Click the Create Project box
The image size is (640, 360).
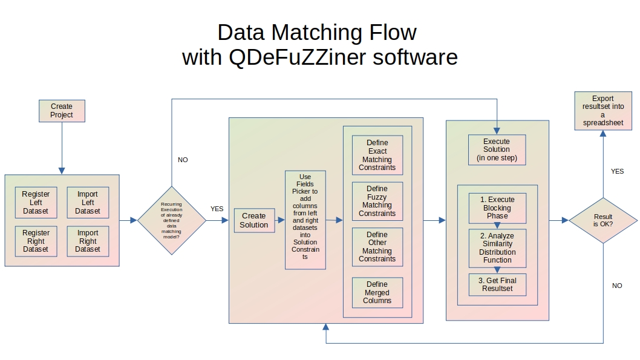coord(62,111)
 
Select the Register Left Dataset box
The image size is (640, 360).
coord(36,203)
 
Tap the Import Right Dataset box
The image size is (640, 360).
coord(88,241)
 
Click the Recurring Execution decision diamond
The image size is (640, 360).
coord(171,221)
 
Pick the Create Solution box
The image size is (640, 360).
coord(254,221)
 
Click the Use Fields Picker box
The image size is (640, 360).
coord(305,220)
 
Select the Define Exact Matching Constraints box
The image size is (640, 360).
coord(377,155)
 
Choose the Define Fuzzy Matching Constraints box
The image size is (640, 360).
coord(377,201)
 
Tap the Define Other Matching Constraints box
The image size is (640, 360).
coord(377,247)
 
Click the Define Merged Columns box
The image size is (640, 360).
coord(377,292)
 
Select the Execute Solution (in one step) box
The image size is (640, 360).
coord(497,149)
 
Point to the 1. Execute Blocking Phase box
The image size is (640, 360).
coord(497,208)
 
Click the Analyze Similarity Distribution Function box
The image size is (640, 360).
coord(497,248)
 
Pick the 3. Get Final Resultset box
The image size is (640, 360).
coord(497,284)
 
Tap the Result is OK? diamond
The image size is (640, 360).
coord(603,221)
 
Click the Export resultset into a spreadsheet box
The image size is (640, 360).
coord(602,111)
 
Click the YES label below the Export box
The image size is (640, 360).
coord(617,172)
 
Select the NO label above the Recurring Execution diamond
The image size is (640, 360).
coord(183,160)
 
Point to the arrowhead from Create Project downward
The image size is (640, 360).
coord(62,171)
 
